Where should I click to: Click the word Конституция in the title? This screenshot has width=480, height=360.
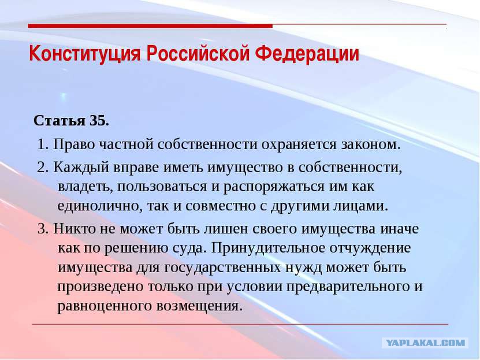(85, 54)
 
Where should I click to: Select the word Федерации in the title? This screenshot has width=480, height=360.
(307, 54)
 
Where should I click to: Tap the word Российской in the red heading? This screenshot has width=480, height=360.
(198, 54)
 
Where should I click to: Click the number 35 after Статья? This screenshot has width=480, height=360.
(99, 121)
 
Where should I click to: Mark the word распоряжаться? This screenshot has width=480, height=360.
(274, 187)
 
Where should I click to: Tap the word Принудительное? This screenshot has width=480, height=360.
(268, 248)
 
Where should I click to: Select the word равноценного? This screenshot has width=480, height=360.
(105, 306)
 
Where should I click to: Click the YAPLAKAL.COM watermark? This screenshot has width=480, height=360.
(425, 343)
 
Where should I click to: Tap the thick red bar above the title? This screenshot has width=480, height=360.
(150, 26)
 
